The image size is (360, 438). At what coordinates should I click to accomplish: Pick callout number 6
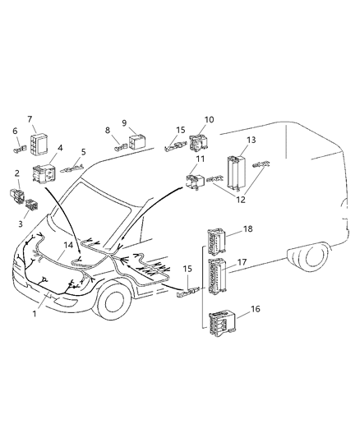pos(15,131)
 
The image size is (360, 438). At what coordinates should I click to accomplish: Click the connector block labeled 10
pos(199,145)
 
